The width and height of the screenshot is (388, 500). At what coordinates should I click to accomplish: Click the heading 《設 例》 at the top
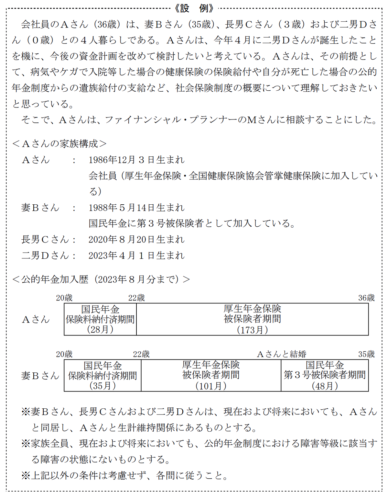point(194,8)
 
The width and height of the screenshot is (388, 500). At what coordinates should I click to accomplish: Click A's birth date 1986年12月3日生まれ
point(136,160)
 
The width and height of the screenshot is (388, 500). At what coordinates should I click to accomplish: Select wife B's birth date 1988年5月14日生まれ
point(136,208)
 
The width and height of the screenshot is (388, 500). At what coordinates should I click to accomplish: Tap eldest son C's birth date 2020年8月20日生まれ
point(136,240)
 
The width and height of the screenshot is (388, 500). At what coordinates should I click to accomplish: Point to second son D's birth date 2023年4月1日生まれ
point(136,256)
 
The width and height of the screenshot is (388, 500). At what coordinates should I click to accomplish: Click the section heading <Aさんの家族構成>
point(59,144)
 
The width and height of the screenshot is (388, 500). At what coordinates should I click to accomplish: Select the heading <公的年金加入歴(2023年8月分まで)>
point(101,279)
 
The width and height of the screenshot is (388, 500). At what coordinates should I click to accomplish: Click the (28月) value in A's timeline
point(100,329)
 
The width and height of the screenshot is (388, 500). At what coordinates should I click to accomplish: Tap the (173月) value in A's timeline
point(252,330)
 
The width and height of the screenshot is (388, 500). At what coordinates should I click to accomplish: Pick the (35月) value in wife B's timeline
point(102,386)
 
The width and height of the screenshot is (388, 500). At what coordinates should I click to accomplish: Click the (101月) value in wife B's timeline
point(211,386)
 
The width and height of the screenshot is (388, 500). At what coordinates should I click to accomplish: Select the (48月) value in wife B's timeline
point(325,386)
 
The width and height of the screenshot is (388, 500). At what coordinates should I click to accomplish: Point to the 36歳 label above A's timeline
point(366,298)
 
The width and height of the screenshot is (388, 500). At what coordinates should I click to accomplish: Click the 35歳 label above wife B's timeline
point(366,354)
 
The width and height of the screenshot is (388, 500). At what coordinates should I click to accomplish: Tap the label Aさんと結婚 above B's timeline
point(282,354)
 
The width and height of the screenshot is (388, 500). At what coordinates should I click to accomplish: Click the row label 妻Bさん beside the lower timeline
point(40,376)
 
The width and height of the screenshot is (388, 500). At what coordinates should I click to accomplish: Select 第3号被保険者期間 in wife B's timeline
point(325,375)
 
